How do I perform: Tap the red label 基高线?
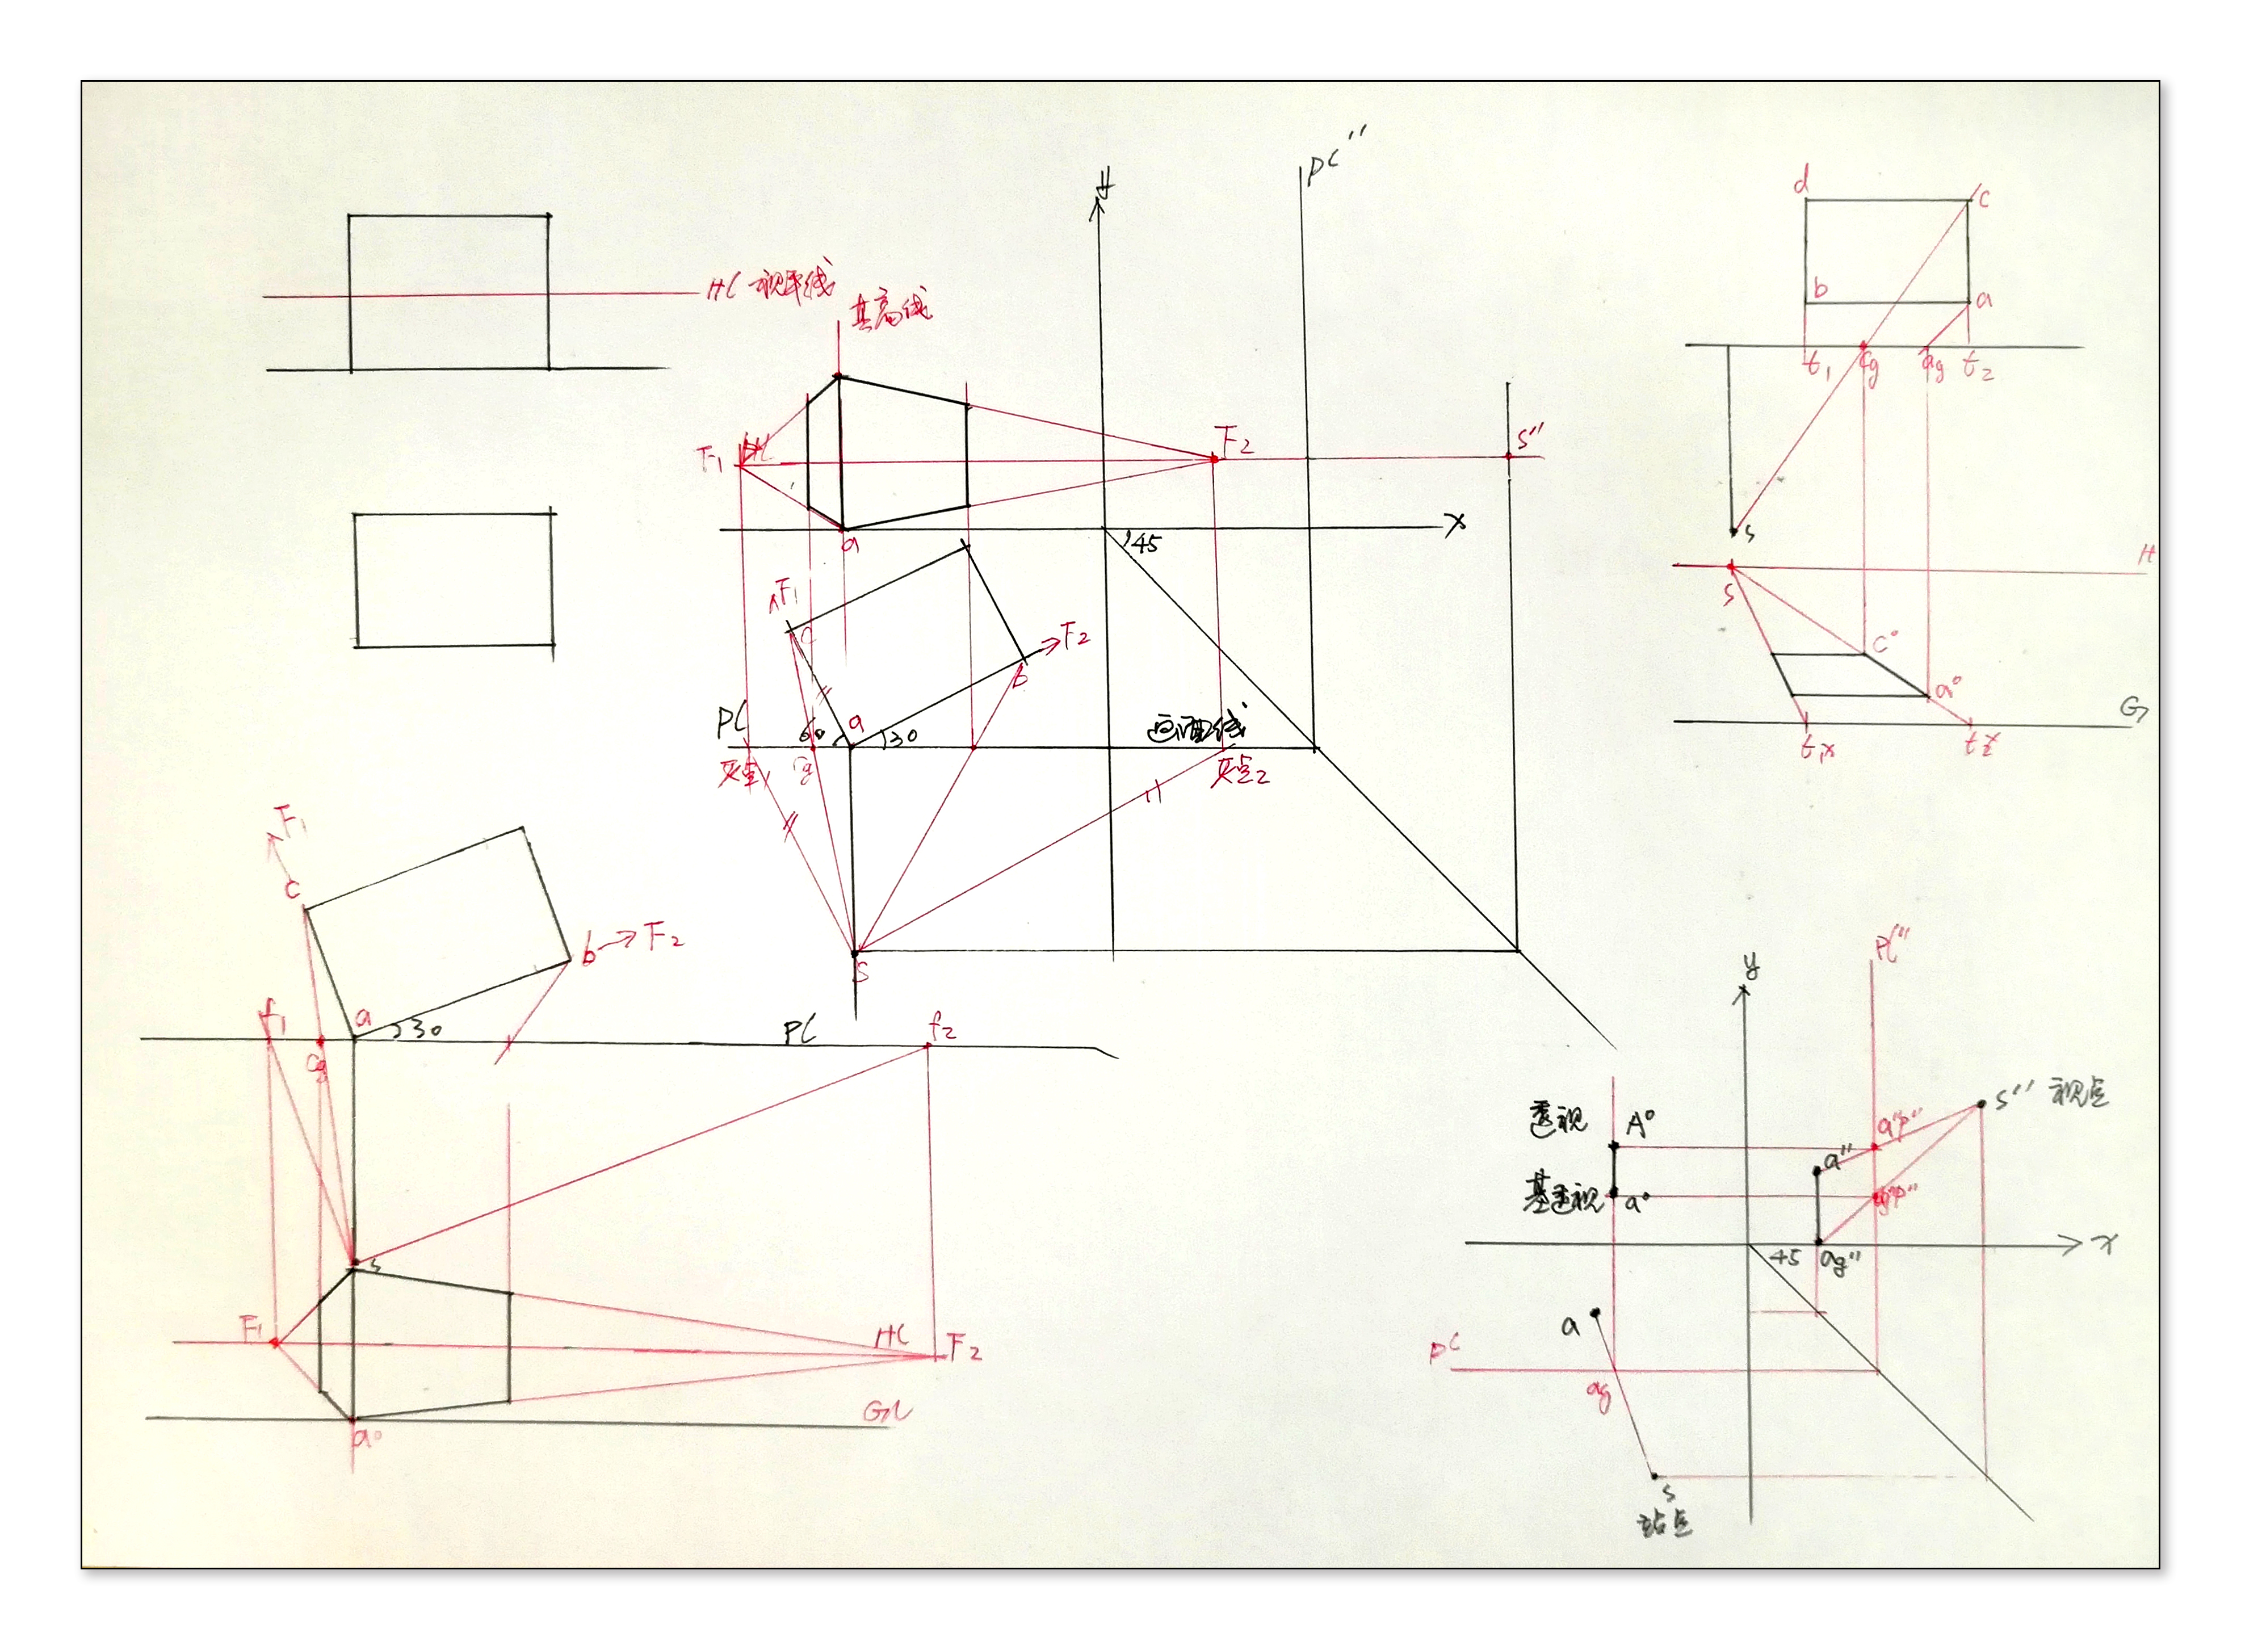pyautogui.click(x=889, y=310)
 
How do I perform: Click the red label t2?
pyautogui.click(x=1978, y=368)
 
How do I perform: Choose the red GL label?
pyautogui.click(x=887, y=1411)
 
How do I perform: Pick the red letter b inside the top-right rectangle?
pyautogui.click(x=1820, y=288)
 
